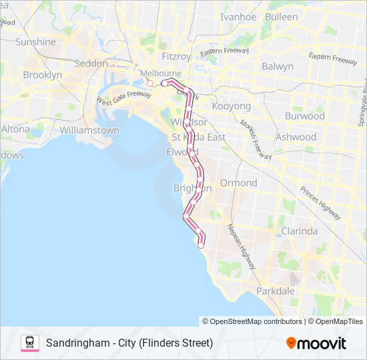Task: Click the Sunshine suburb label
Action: [x=35, y=41]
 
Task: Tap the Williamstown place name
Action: [x=89, y=131]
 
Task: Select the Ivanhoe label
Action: [x=238, y=17]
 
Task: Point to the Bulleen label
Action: [x=282, y=16]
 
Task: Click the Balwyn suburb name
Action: [x=278, y=66]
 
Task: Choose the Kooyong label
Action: [x=231, y=106]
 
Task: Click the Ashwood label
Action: [x=296, y=137]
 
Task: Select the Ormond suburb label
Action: [x=239, y=183]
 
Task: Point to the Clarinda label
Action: [x=300, y=231]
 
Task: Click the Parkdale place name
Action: [x=276, y=291]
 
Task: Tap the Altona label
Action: [x=15, y=129]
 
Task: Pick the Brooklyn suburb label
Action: [x=42, y=75]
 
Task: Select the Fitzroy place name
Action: [x=176, y=57]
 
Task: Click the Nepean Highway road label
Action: [x=242, y=246]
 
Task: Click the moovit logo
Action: [x=316, y=343]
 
